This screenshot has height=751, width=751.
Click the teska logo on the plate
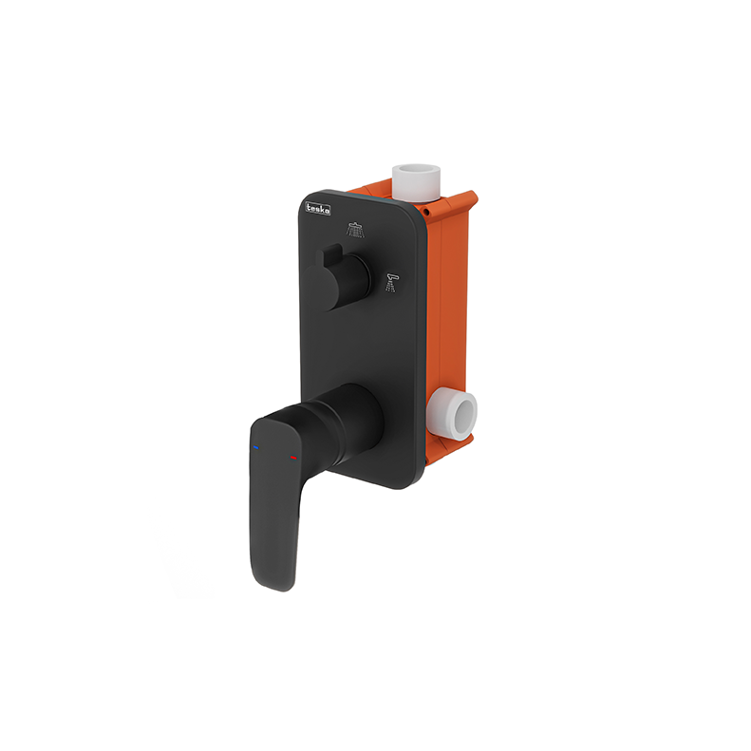318,209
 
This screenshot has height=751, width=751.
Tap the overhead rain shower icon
355,230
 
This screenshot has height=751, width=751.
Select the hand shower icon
392,282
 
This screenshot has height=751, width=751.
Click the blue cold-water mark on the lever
256,448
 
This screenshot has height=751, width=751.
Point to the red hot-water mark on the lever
293,458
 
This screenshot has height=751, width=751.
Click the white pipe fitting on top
416,182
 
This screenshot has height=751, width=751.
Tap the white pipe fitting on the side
453,414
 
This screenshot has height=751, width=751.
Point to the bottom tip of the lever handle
281,590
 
